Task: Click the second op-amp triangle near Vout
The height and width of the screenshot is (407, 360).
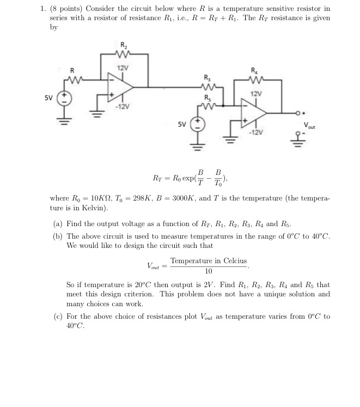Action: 254,114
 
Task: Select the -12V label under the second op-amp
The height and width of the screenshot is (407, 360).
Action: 256,132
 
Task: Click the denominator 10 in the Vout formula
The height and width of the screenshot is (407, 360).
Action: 208,271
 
